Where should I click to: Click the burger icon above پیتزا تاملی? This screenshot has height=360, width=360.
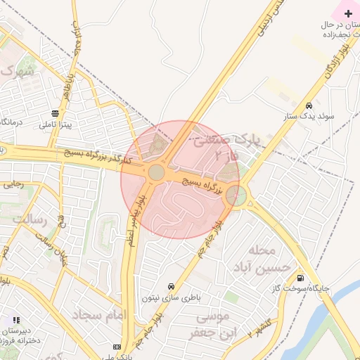(x=55, y=113)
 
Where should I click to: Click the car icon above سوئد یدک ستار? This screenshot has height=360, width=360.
(x=309, y=106)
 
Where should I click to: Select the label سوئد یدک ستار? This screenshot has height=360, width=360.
(x=309, y=117)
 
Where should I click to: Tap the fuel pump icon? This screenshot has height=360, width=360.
(x=301, y=277)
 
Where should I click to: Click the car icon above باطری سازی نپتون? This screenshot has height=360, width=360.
(x=172, y=287)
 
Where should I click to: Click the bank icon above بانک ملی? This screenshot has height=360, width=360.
(x=116, y=347)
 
